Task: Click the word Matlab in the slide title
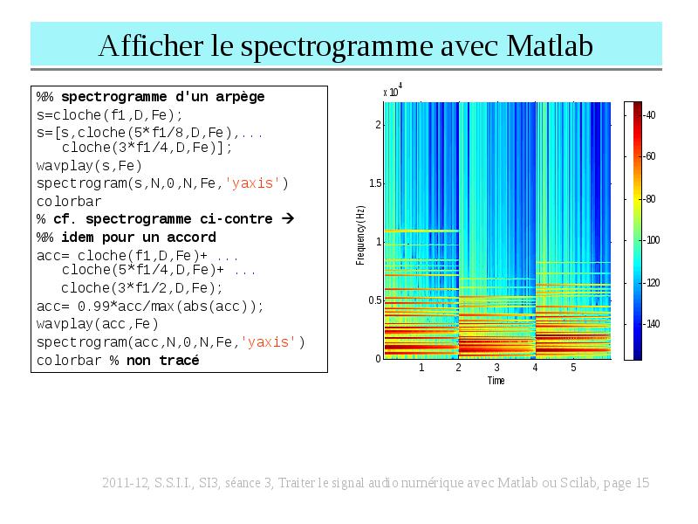[550, 46]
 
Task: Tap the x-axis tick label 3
[496, 367]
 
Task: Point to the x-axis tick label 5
[573, 367]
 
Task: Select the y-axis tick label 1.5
[375, 183]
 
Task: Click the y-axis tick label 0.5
[375, 300]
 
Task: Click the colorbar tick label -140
[652, 324]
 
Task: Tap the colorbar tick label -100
[652, 240]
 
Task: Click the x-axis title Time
[496, 381]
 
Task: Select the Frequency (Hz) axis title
[360, 235]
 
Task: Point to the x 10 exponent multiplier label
[393, 90]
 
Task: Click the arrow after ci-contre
[288, 218]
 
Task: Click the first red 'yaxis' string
[252, 183]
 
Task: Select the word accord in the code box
[191, 237]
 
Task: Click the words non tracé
[163, 360]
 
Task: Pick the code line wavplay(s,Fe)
[89, 166]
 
